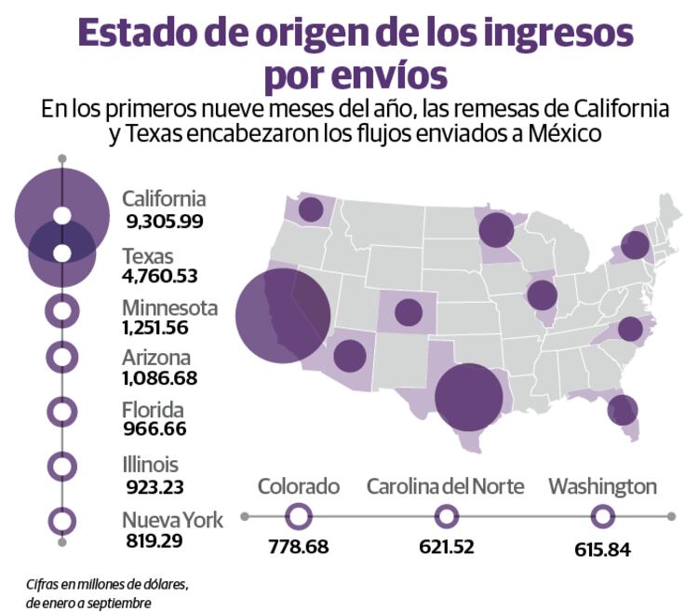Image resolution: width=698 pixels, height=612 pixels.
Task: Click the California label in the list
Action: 164,198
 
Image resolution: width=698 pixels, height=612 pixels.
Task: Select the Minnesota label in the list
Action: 170,307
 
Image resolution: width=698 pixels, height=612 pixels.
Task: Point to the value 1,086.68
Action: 159,378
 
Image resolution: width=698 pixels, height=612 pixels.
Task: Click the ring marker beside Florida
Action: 62,411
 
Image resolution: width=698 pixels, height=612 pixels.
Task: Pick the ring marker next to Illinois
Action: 62,465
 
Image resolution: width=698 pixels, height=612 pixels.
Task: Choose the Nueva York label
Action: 172,520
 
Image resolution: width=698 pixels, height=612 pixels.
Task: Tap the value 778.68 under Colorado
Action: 298,547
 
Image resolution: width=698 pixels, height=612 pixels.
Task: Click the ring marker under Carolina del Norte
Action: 447,515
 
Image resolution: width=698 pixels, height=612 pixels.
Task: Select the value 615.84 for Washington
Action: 602,549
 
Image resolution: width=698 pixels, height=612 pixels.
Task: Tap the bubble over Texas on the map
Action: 469,396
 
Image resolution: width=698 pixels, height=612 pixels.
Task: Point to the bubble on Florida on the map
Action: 622,409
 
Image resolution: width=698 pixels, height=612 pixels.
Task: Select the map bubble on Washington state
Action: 311,210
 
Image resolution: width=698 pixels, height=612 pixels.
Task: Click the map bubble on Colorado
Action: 409,312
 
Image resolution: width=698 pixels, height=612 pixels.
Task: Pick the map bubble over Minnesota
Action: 496,229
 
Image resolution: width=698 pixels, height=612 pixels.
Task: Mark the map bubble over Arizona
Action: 350,356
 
